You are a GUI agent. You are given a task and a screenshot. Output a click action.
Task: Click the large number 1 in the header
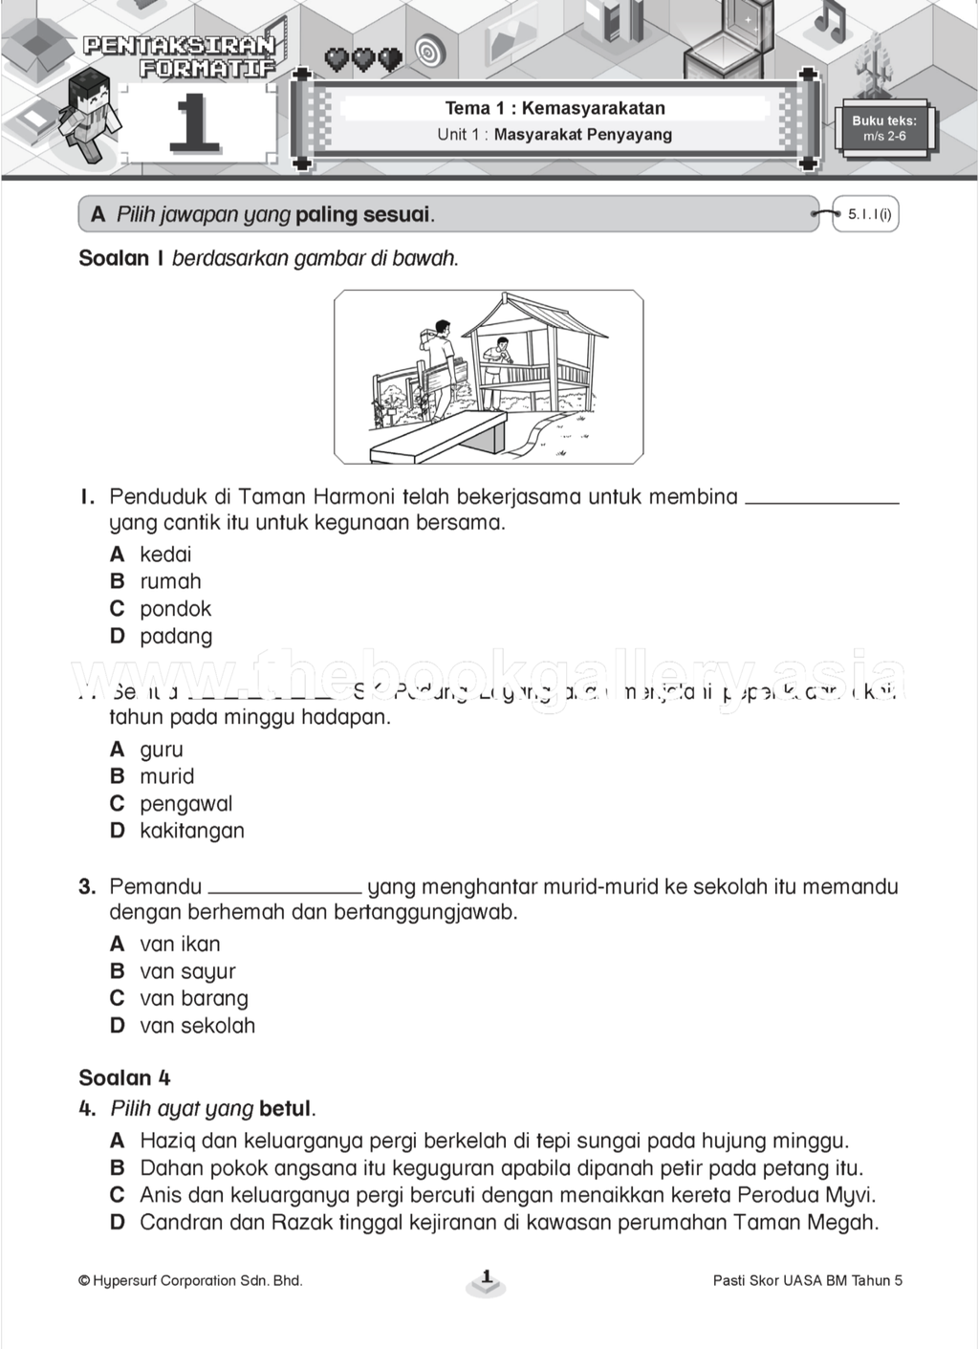pos(194,122)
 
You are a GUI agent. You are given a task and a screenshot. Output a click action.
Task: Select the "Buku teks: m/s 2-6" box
pos(884,128)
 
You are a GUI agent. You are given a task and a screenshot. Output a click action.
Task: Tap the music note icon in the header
pos(829,19)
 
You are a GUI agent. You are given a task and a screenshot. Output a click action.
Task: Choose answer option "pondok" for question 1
pos(175,609)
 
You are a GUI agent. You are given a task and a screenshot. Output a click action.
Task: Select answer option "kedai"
pos(165,555)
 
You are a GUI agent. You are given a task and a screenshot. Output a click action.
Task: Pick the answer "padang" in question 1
pos(176,637)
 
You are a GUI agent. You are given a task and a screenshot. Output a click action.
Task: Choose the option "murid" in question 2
pos(166,776)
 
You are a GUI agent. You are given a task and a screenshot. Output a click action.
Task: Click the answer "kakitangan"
pos(191,831)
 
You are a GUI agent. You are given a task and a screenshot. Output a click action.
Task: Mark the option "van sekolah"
pos(197,1026)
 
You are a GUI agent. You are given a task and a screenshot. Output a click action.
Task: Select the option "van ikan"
pos(180,945)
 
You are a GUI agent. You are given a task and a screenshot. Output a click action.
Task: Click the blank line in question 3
pos(285,891)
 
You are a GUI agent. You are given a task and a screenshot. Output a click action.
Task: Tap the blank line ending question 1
pos(821,501)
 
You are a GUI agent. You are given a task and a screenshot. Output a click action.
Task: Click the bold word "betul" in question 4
pos(285,1109)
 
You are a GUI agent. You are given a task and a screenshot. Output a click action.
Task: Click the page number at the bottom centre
pos(487,1278)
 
